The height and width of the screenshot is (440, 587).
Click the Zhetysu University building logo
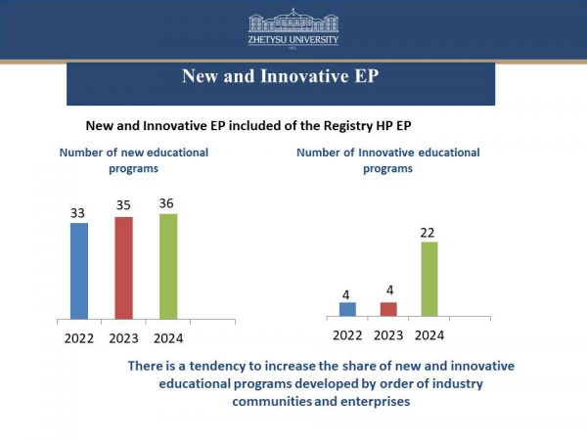(293, 22)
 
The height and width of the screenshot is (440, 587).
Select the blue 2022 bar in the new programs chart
(79, 271)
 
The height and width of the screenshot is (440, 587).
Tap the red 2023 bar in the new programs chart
(123, 268)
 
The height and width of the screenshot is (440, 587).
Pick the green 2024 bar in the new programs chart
(168, 266)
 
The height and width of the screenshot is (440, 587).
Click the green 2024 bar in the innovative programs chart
(429, 279)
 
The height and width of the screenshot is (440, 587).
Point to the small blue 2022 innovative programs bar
(347, 309)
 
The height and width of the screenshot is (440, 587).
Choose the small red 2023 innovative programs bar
(388, 309)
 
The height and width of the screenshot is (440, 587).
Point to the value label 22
(429, 232)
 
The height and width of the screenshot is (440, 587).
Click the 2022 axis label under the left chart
(79, 337)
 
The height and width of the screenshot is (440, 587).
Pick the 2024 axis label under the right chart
(429, 334)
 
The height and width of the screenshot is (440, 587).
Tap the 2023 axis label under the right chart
(388, 334)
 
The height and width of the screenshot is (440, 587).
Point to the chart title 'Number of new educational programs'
(134, 160)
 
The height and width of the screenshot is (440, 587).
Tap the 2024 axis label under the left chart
(168, 337)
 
